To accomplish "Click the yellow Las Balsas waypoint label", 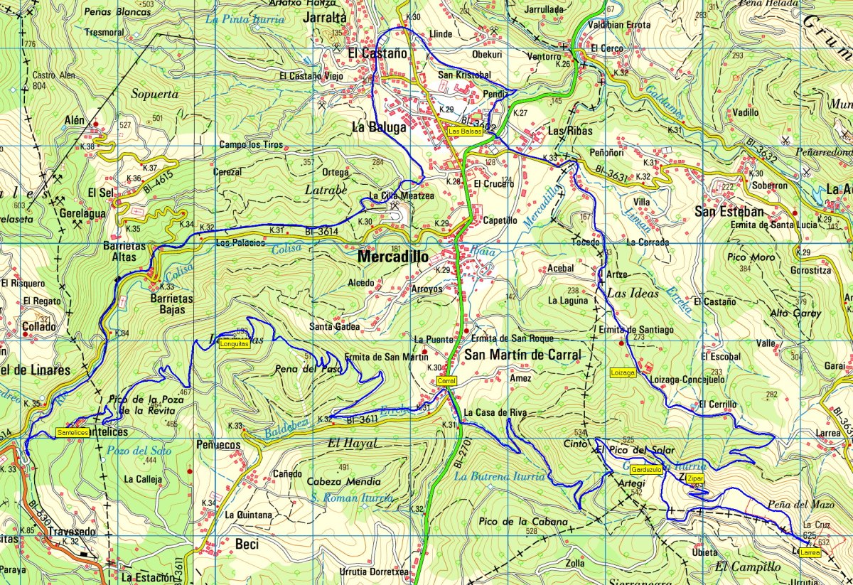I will point(464,131).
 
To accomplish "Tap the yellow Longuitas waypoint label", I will point(234,344).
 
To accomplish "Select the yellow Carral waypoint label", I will point(446,382).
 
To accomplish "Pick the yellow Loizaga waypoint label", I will point(623,372).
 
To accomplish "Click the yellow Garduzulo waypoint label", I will point(646,470).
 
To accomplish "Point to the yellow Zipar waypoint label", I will point(695,479).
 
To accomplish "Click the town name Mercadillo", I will point(393,257).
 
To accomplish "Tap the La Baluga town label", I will point(379,128).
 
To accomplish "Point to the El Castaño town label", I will point(377,53).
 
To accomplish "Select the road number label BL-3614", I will point(321,232).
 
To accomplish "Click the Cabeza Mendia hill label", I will point(343,481).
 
